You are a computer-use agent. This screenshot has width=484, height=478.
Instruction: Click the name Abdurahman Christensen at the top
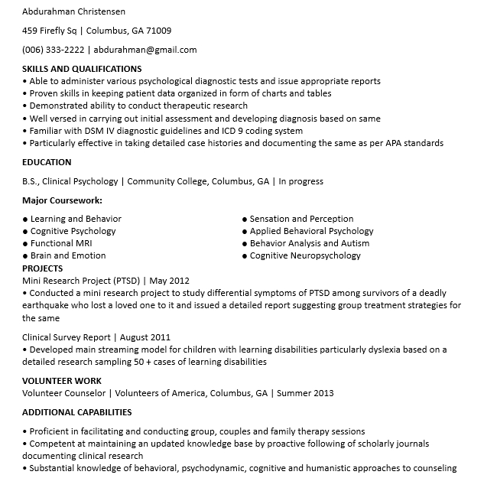pos(73,12)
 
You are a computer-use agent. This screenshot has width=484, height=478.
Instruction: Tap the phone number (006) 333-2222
pos(54,50)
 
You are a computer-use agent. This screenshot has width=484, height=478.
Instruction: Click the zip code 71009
pos(158,31)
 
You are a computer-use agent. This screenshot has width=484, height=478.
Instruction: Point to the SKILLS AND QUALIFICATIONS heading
pos(82,69)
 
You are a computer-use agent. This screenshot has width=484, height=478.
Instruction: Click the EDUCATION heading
pos(47,162)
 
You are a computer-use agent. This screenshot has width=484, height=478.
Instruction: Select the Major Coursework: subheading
pos(62,200)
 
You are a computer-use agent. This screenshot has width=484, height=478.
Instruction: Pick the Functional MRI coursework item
pos(61,243)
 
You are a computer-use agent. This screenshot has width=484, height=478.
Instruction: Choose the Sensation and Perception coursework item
pos(301,219)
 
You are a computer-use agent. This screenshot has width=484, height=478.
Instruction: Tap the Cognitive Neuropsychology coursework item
pos(305,255)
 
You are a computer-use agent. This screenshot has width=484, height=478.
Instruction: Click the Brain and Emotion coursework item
pos(68,255)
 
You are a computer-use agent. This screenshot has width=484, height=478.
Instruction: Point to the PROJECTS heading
pos(43,268)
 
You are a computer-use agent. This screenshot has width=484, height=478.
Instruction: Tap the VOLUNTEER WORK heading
pos(61,381)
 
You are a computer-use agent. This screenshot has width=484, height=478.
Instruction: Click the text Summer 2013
pos(305,393)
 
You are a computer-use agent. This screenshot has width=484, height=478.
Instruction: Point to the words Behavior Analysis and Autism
pos(310,243)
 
